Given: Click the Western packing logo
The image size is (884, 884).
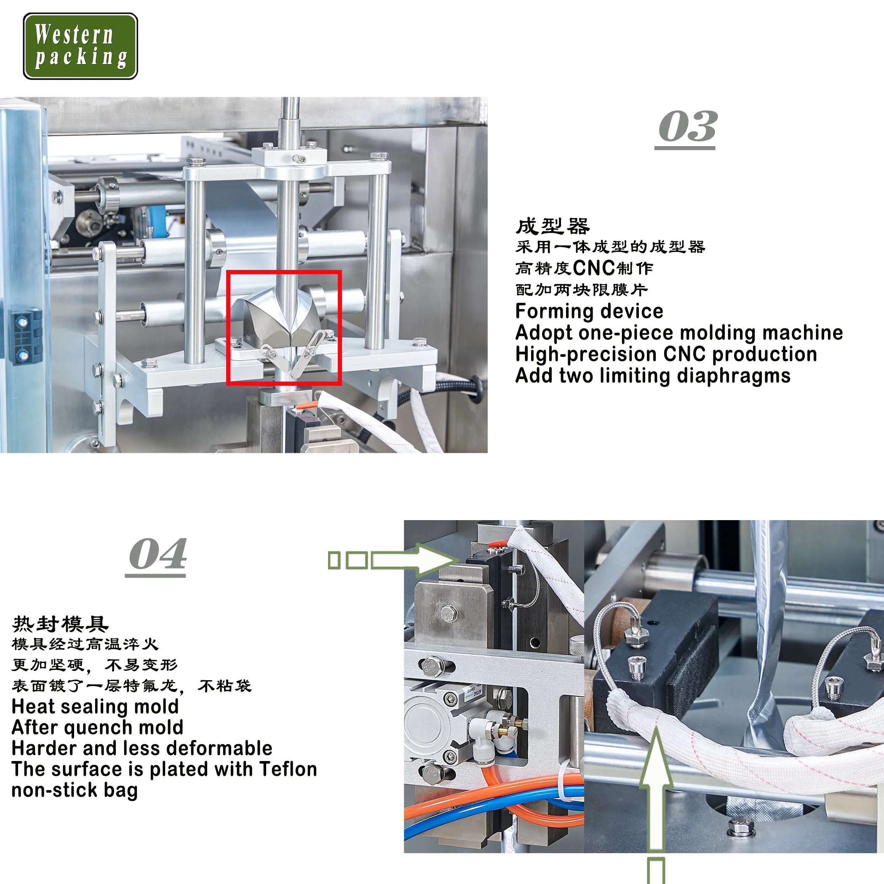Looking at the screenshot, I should pyautogui.click(x=80, y=46).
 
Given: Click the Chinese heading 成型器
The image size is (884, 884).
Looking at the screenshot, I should pyautogui.click(x=552, y=226).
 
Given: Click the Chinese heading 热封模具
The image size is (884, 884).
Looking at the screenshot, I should pyautogui.click(x=60, y=624).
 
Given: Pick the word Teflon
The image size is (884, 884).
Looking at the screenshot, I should pyautogui.click(x=288, y=769).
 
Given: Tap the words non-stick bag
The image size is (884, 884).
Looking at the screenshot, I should pyautogui.click(x=75, y=790).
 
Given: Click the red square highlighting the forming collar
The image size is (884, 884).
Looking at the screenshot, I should pyautogui.click(x=284, y=328).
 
